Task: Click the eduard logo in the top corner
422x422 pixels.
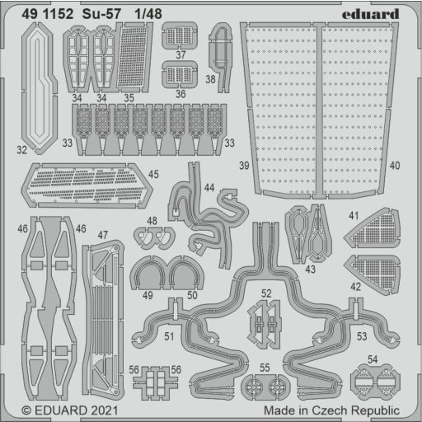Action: (370, 14)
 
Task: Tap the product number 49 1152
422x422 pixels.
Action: (48, 14)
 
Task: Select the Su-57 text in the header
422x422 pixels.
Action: (101, 14)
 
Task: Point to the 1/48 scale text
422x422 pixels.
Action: (148, 14)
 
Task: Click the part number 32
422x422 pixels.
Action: (21, 150)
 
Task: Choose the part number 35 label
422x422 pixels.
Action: (129, 98)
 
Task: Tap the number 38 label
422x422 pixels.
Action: (210, 79)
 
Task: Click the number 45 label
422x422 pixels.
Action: (153, 174)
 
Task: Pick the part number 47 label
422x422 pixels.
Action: (103, 235)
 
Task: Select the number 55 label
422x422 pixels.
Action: (265, 368)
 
